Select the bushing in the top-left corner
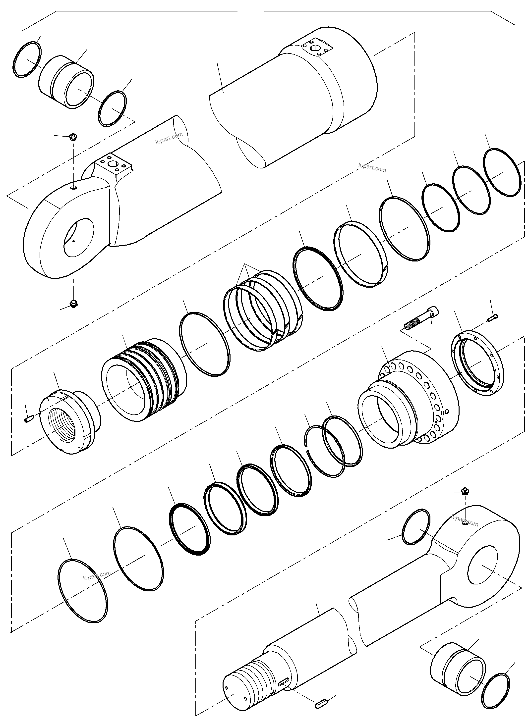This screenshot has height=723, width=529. coord(67,82)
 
